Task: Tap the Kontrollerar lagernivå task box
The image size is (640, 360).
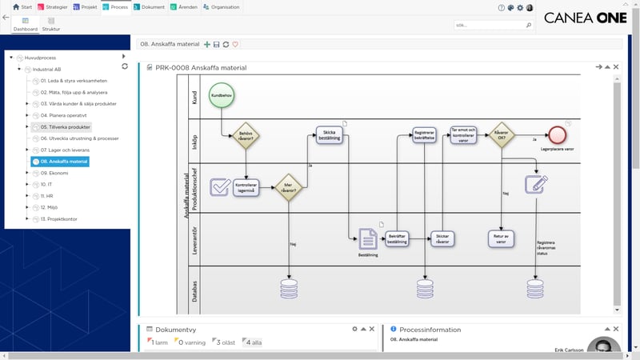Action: (x=246, y=187)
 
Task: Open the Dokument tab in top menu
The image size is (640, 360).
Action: (x=152, y=7)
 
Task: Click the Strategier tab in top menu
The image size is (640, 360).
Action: (x=54, y=7)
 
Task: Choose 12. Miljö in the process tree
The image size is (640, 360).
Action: (x=50, y=207)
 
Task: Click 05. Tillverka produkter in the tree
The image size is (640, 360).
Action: (x=65, y=126)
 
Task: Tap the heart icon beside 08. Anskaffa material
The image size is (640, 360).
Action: (x=235, y=44)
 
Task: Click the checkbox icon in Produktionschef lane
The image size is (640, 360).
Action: (x=220, y=187)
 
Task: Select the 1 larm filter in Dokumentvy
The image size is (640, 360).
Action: (x=158, y=342)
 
